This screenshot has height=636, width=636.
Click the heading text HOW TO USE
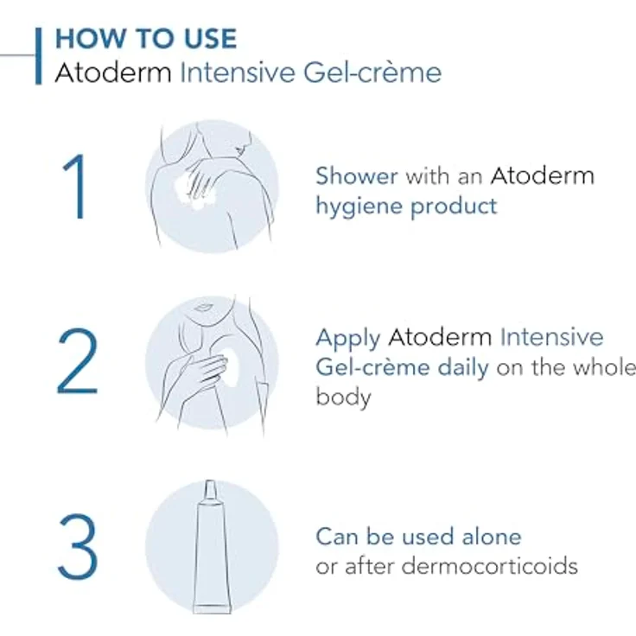click(145, 39)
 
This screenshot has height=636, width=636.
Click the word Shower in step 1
click(356, 176)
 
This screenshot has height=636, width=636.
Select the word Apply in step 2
click(349, 338)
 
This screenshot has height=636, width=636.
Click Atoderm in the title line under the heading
click(113, 73)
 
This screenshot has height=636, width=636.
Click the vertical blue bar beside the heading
click(38, 55)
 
